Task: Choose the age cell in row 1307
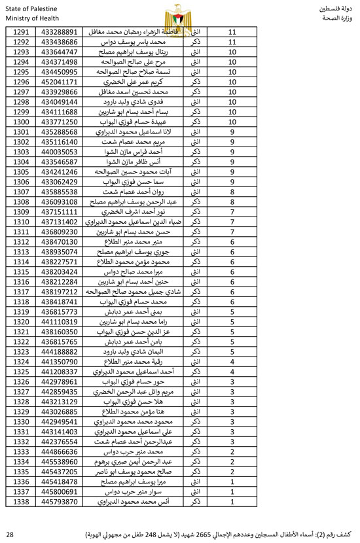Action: click(232, 192)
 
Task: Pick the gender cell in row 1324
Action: click(194, 362)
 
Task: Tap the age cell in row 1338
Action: click(232, 502)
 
